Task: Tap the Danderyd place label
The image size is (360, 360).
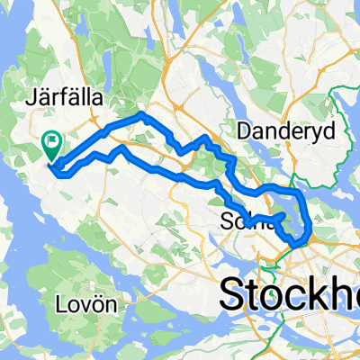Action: tap(286, 131)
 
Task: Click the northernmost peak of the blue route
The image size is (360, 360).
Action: tap(141, 114)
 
